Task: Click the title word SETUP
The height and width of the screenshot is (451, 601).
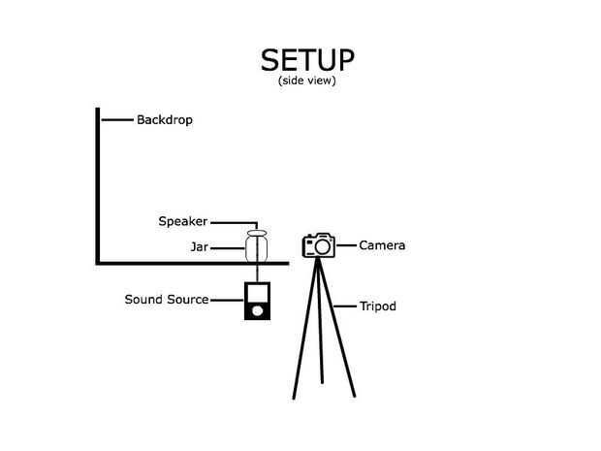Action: coord(307,60)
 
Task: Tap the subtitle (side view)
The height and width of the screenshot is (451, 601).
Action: coord(306,81)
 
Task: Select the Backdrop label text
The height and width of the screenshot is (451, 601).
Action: coord(165,120)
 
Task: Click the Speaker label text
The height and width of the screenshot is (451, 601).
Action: coord(183,222)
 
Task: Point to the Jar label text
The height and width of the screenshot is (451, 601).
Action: coord(200,248)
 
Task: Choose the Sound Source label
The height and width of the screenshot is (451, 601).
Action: coord(167,300)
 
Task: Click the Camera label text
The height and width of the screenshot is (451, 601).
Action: coord(382,245)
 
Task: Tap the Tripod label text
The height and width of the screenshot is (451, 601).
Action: coord(377,306)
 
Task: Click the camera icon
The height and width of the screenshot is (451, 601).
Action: coord(319,245)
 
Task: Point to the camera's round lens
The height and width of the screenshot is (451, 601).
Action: coord(322,248)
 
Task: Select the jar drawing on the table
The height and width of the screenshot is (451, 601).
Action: coord(257,249)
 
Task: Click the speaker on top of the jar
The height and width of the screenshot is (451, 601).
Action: coord(257,233)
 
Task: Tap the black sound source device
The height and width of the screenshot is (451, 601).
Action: coord(257,302)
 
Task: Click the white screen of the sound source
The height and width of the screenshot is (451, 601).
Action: coord(257,293)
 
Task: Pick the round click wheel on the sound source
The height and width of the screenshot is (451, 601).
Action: coord(257,311)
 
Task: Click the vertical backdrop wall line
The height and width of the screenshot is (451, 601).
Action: coord(98,184)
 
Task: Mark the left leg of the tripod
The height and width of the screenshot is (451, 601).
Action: coord(303,330)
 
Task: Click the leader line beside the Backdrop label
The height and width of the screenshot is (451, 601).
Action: coord(116,120)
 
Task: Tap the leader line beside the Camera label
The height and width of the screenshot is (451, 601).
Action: coord(346,245)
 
